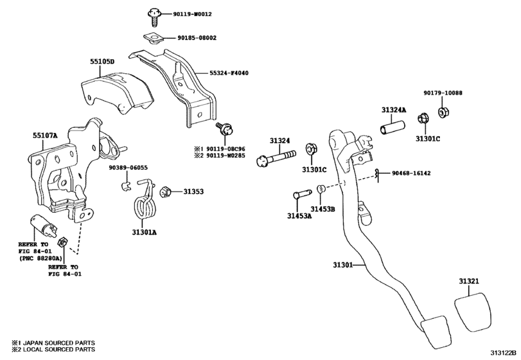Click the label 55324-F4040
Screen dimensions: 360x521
pos(229,73)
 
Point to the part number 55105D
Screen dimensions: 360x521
pos(102,62)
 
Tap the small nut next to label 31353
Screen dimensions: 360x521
pos(164,191)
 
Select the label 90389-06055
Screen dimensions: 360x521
pos(128,168)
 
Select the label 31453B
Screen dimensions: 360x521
pos(322,209)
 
